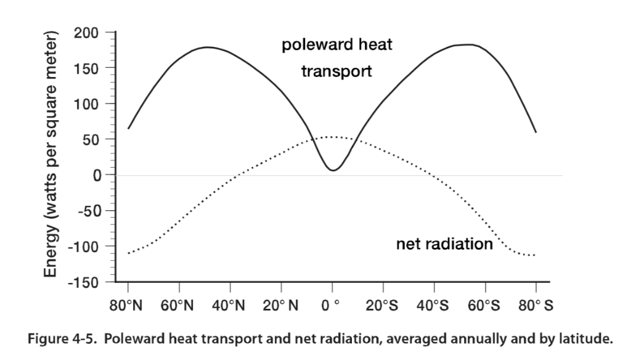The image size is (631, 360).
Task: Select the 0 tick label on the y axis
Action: click(95, 175)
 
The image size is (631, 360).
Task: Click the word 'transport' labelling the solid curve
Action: click(336, 72)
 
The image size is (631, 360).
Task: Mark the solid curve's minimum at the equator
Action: click(332, 170)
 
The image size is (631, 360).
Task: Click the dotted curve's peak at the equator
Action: click(332, 137)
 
